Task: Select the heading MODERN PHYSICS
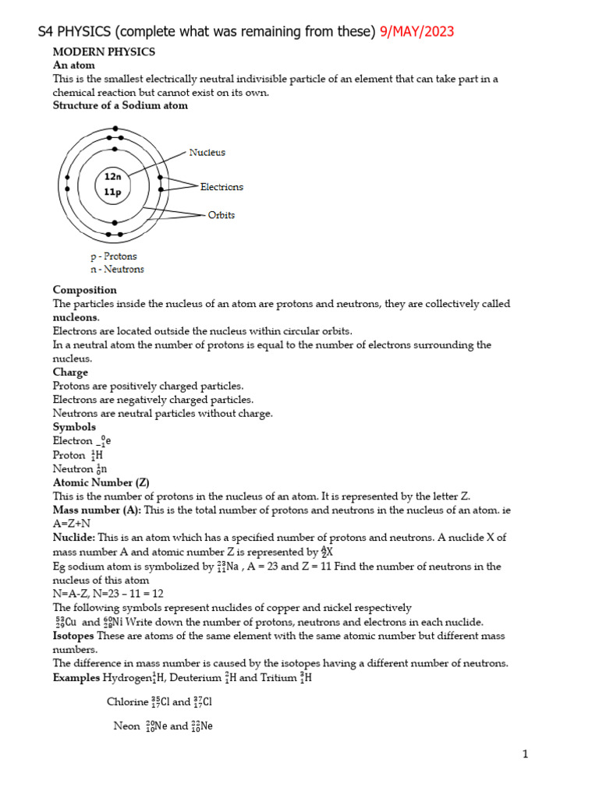click(104, 51)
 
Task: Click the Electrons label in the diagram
click(222, 187)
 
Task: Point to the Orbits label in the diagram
click(221, 215)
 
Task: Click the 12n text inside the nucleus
click(113, 177)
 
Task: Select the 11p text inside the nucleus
click(113, 192)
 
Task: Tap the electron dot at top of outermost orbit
click(115, 129)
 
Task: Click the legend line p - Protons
click(114, 256)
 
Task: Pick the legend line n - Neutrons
click(117, 270)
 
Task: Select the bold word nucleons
click(76, 318)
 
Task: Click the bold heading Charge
click(70, 373)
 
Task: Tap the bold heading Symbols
click(74, 427)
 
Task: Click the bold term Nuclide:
click(74, 538)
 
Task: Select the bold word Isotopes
click(75, 636)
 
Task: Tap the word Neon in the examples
click(126, 726)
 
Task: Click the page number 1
click(526, 754)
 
